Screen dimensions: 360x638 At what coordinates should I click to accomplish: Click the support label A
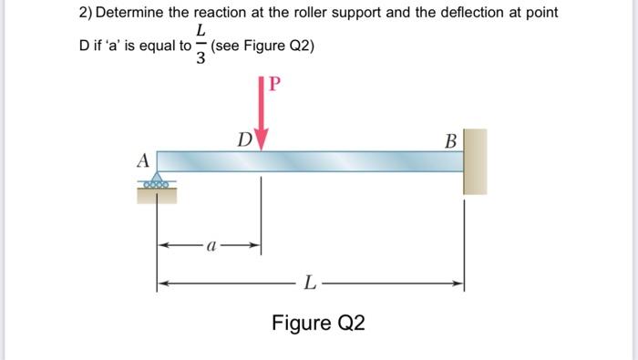click(x=143, y=159)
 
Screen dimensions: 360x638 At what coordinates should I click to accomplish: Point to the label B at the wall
click(x=450, y=141)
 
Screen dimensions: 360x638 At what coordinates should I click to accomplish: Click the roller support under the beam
click(x=158, y=182)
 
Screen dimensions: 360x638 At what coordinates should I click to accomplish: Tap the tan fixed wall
click(x=475, y=161)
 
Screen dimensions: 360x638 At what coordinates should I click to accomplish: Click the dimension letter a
click(x=211, y=246)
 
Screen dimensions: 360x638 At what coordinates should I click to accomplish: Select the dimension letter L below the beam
click(x=311, y=285)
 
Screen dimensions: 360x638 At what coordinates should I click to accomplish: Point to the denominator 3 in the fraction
click(x=201, y=58)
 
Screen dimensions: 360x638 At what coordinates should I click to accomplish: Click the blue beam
click(x=310, y=161)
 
